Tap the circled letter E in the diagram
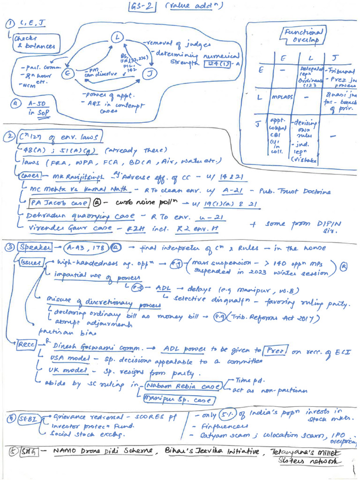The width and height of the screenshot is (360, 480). click(x=69, y=73)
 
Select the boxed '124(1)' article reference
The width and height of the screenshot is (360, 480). click(x=215, y=64)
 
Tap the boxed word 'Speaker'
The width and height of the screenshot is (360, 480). click(x=31, y=247)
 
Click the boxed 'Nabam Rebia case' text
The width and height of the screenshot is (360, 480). click(x=184, y=386)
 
